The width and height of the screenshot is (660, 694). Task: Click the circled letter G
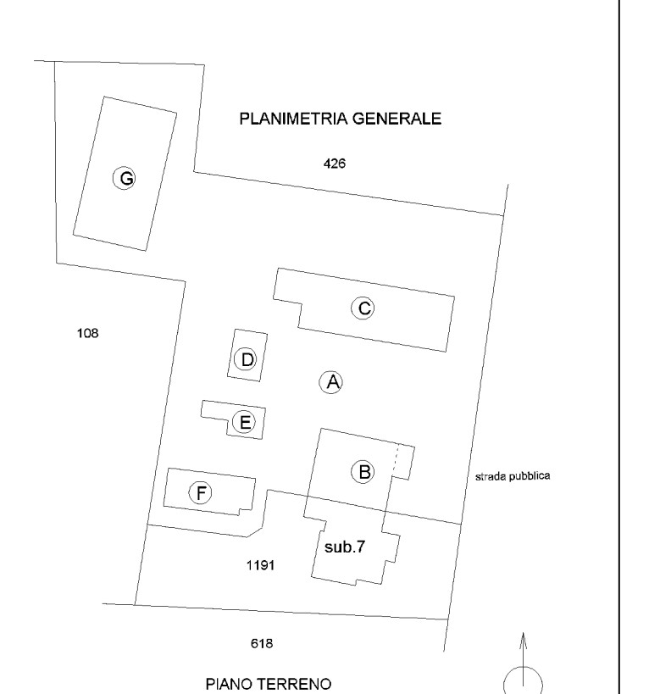[125, 178]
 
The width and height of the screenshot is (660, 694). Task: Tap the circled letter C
[363, 308]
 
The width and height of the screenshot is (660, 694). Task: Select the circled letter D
[247, 360]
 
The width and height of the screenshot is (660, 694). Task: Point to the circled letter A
[331, 382]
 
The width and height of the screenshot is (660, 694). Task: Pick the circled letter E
[246, 422]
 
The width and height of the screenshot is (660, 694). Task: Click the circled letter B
[364, 471]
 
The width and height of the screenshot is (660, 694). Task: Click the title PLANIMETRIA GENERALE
[340, 119]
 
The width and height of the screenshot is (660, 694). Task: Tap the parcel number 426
[336, 164]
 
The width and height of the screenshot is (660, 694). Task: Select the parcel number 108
[87, 333]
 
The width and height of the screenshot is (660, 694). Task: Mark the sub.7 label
[345, 547]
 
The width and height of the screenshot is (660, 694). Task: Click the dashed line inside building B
[397, 461]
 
